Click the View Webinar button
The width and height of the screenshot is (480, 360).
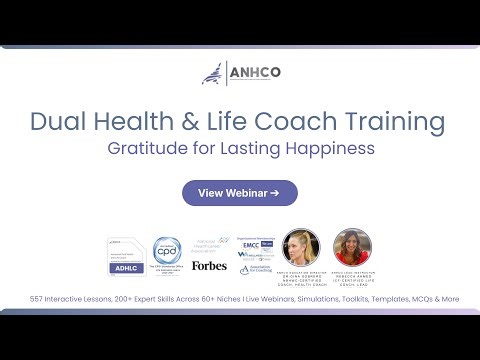pos(238,193)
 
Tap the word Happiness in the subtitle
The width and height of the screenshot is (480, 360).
pos(327,149)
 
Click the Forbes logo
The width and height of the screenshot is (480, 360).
pos(209,266)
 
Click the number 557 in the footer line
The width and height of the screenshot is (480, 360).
pos(38,299)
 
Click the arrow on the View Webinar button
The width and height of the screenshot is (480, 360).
pos(274,193)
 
